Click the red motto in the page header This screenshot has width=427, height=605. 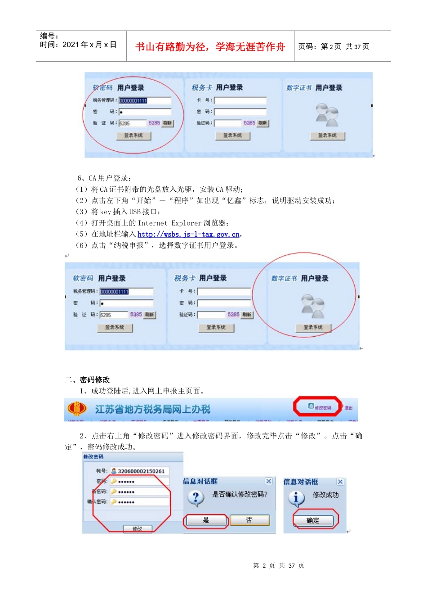pyautogui.click(x=210, y=47)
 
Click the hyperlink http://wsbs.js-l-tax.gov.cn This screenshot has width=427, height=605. pyautogui.click(x=188, y=234)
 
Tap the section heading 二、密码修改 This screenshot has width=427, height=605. pyautogui.click(x=87, y=379)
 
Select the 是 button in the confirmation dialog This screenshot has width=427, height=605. pyautogui.click(x=206, y=520)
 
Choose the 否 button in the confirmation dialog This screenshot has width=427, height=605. pyautogui.click(x=249, y=520)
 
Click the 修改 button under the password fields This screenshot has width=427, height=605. pyautogui.click(x=138, y=529)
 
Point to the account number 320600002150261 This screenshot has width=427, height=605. pyautogui.click(x=141, y=471)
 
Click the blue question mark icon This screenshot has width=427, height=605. pyautogui.click(x=196, y=498)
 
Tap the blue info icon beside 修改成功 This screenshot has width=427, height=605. pyautogui.click(x=296, y=498)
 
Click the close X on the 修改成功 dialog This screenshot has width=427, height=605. pyautogui.click(x=340, y=482)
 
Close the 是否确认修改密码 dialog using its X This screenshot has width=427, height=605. pyautogui.click(x=268, y=481)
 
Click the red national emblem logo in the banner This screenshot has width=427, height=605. pyautogui.click(x=77, y=409)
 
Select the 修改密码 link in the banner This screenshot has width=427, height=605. pyautogui.click(x=320, y=407)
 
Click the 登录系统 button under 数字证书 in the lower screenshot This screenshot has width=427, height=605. pyautogui.click(x=313, y=328)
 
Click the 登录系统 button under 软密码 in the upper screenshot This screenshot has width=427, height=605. pyautogui.click(x=133, y=135)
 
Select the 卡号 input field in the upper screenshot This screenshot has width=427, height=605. pyautogui.click(x=240, y=100)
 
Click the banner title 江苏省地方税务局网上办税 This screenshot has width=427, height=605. pyautogui.click(x=153, y=409)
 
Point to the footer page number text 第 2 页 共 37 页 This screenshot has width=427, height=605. pyautogui.click(x=279, y=565)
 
